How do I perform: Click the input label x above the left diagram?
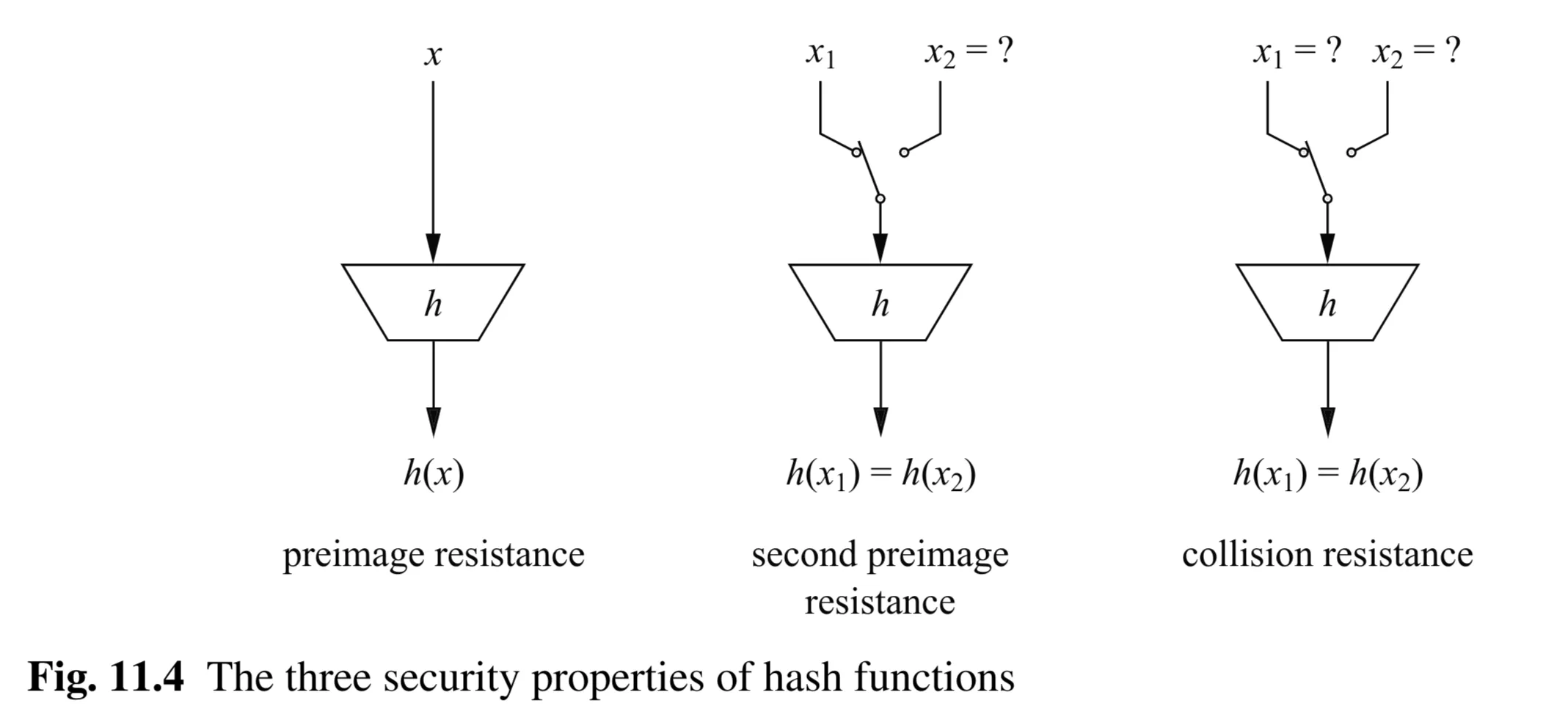(x=433, y=55)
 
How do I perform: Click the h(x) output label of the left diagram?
(x=434, y=474)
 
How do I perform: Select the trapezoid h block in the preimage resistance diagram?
(x=433, y=302)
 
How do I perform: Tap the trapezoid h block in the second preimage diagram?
(x=880, y=302)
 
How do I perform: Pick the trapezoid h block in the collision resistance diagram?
(x=1327, y=302)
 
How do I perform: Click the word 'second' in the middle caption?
(x=803, y=555)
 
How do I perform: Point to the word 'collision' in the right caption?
(x=1244, y=555)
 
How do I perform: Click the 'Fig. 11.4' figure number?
(x=106, y=677)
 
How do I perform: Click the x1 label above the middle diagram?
(x=820, y=54)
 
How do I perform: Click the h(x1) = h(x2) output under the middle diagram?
(x=880, y=474)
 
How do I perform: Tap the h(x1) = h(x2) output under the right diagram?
(x=1327, y=474)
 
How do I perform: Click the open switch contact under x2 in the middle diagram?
(x=904, y=153)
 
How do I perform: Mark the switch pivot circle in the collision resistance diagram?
(x=1327, y=199)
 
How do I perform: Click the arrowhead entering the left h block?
(x=433, y=248)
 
